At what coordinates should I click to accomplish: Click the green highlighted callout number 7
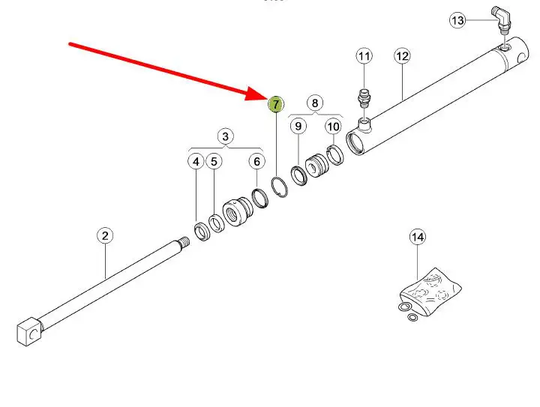276,104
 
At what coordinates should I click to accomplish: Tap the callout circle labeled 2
105,235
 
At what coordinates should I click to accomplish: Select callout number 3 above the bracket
225,136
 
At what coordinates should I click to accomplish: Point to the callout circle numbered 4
196,161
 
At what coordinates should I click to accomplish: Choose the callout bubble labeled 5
214,161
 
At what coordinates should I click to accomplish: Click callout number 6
257,161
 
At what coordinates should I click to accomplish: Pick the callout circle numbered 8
315,103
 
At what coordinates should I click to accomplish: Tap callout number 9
298,126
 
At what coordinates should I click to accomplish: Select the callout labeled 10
333,127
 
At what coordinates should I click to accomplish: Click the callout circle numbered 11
364,56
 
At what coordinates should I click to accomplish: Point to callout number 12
402,56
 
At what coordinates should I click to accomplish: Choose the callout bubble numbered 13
457,20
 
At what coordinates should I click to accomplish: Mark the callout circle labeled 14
418,237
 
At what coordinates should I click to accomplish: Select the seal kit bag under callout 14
430,292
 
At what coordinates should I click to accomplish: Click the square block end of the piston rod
29,331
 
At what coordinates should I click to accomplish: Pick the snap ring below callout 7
280,187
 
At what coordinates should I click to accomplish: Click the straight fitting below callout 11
364,97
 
